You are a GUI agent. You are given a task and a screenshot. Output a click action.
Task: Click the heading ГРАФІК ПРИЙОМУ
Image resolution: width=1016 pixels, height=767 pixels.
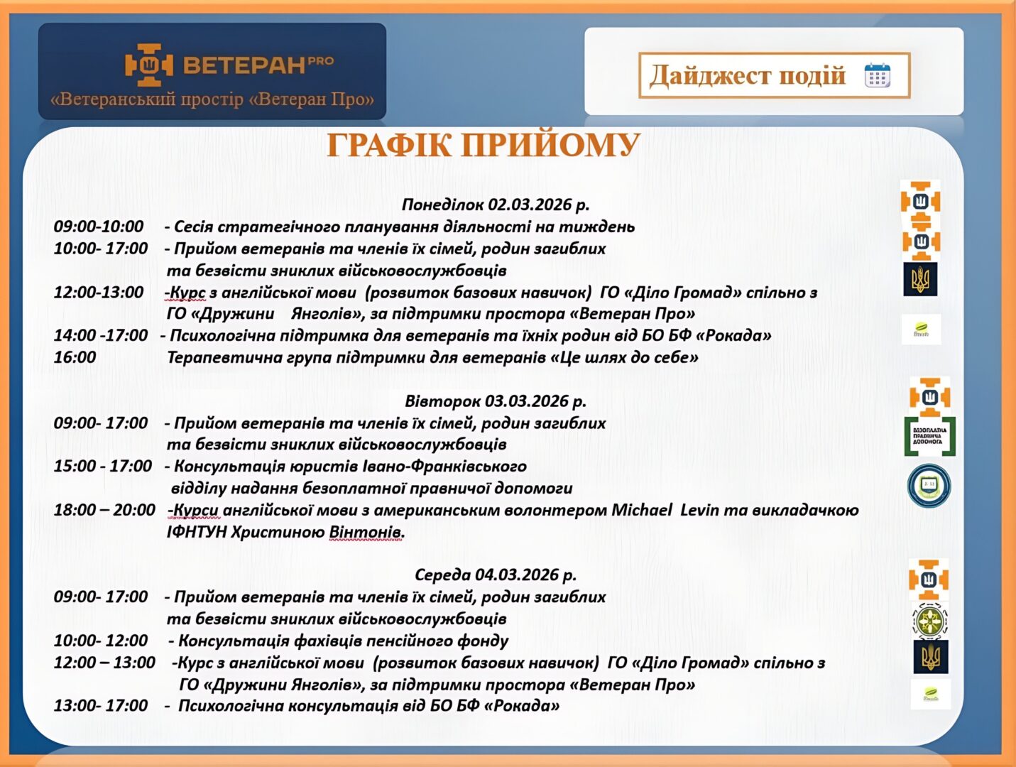pyautogui.click(x=483, y=146)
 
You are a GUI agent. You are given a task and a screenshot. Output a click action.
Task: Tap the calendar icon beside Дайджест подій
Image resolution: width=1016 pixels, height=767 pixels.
pyautogui.click(x=877, y=75)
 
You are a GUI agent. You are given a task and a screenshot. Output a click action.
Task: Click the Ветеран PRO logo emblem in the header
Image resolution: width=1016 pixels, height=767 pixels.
pyautogui.click(x=148, y=65)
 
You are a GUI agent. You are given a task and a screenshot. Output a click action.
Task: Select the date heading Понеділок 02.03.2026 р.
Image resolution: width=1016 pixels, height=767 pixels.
pyautogui.click(x=495, y=205)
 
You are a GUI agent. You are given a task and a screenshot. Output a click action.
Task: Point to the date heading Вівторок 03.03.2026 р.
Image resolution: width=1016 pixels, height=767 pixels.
pyautogui.click(x=495, y=401)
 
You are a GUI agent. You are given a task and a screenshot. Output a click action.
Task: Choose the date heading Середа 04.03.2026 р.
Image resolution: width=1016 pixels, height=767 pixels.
pyautogui.click(x=495, y=575)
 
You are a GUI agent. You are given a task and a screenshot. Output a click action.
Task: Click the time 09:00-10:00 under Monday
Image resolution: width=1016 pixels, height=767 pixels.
pyautogui.click(x=99, y=227)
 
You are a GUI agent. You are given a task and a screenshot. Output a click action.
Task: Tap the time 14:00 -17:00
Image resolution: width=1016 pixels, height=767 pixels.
pyautogui.click(x=101, y=335)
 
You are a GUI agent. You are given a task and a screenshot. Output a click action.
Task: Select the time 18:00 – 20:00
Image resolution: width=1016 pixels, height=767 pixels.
pyautogui.click(x=104, y=510)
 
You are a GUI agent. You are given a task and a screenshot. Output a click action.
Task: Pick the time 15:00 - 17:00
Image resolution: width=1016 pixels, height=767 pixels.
pyautogui.click(x=103, y=466)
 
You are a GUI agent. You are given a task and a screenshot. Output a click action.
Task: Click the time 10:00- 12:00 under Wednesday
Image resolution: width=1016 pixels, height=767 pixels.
pyautogui.click(x=101, y=641)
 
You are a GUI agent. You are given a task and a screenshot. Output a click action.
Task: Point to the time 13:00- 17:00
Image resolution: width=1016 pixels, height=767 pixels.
pyautogui.click(x=101, y=705)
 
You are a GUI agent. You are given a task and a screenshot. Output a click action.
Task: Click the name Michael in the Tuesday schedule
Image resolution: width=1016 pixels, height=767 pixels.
pyautogui.click(x=641, y=510)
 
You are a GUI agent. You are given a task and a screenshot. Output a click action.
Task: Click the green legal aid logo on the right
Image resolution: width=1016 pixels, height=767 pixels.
pyautogui.click(x=929, y=436)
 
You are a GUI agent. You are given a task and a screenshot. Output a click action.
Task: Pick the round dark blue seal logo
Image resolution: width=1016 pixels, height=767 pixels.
pyautogui.click(x=929, y=486)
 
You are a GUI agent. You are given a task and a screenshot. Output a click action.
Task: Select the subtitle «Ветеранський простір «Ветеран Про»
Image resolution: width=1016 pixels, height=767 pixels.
pyautogui.click(x=212, y=99)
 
